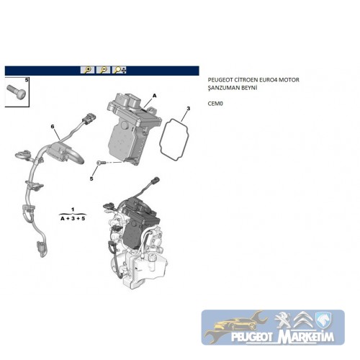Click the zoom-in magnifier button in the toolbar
pos(87,70)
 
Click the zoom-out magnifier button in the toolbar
pos(103,70)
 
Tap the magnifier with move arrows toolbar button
pos(120,70)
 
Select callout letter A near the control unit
pos(155,96)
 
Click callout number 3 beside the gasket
pos(189,109)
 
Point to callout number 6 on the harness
pos(53,127)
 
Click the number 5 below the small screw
pos(91,179)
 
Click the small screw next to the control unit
pos(99,163)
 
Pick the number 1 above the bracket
pos(73,210)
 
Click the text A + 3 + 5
pos(73,219)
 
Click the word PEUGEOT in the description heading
pos(218,80)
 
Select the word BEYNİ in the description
pos(250,88)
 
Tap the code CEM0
pos(215,104)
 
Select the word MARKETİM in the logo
pos(306,337)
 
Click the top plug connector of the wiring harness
pos(89,117)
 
